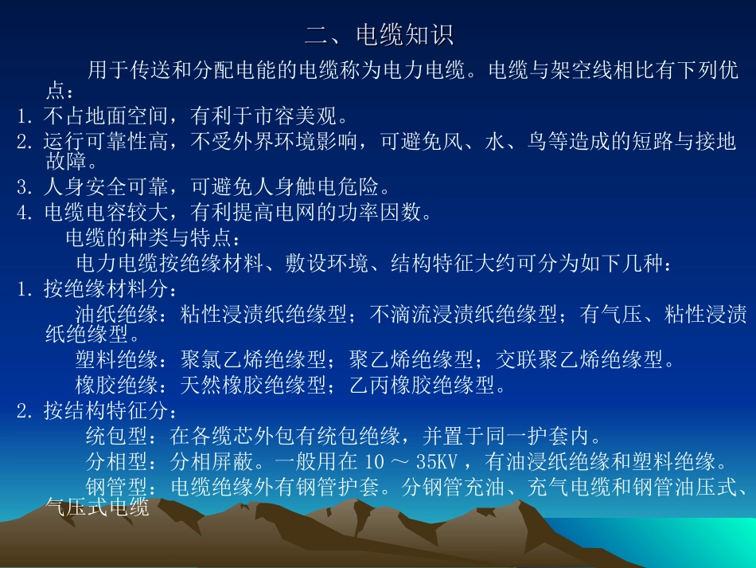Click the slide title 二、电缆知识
tap(379, 36)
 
